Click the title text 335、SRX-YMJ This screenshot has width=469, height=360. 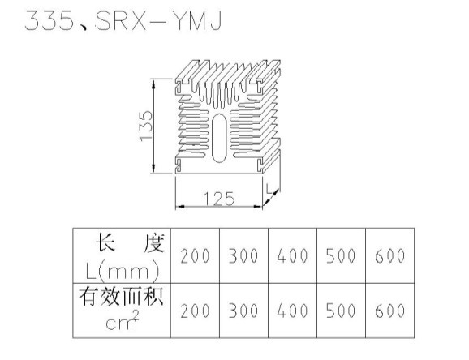pos(123,20)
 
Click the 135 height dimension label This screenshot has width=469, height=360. pos(146,126)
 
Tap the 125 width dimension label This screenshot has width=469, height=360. pos(219,199)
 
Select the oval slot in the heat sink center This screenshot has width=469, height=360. pos(219,138)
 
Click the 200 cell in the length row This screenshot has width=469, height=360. pos(195,256)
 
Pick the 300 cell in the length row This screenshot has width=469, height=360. pos(243,256)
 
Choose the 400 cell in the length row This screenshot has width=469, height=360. pos(292,256)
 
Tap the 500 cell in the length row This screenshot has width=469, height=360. pos(341,256)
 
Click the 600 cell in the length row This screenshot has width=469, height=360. pos(390,256)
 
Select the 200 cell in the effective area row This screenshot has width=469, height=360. pos(195,311)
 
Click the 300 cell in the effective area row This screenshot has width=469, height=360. pos(243,311)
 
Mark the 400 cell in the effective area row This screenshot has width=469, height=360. pos(292,311)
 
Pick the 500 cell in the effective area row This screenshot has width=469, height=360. pos(341,311)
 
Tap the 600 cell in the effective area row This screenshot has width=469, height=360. pos(390,311)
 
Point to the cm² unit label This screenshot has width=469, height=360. pos(123,320)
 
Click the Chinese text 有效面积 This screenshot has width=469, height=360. pos(121,297)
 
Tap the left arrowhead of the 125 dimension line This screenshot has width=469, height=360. pos(180,206)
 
